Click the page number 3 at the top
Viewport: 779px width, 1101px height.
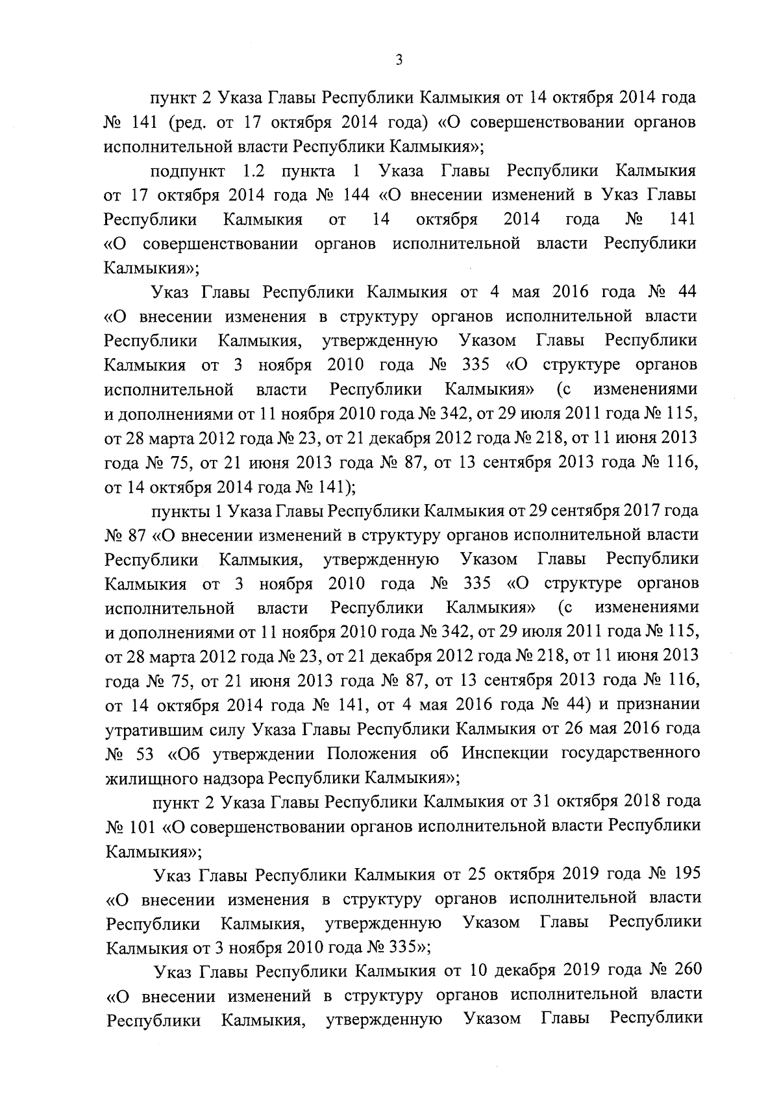pos(399,60)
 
